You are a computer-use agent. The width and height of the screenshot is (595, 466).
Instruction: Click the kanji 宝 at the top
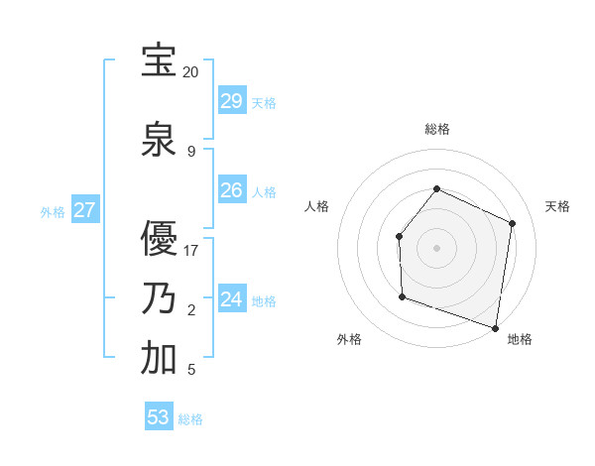pos(160,60)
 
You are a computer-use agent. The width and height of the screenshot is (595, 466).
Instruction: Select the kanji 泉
pos(160,140)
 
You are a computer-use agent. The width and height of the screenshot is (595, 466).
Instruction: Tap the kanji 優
pos(160,239)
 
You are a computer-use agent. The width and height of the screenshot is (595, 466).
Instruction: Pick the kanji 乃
pos(160,298)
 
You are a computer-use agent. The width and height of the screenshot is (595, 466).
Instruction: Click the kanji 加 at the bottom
pos(160,359)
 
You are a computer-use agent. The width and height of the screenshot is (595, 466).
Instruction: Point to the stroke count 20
pos(190,72)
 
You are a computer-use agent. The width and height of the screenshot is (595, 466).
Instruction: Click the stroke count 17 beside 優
pos(190,251)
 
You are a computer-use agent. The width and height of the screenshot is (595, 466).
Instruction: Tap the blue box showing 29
pos(231,101)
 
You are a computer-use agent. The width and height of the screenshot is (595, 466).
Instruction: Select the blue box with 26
pos(231,190)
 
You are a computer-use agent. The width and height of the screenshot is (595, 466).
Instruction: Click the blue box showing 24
pos(231,299)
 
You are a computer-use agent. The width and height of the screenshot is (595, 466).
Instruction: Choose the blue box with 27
pos(84,210)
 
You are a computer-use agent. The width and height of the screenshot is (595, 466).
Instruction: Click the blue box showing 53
pos(159,417)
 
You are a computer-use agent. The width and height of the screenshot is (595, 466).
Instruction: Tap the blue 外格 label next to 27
pos(53,211)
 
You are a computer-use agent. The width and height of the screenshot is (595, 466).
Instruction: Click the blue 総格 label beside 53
pos(190,419)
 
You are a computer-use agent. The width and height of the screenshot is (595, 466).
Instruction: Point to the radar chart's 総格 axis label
pos(436,129)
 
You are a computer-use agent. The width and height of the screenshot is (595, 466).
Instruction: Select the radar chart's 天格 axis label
pos(557,206)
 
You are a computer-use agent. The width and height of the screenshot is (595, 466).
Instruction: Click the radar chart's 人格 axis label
pos(316,206)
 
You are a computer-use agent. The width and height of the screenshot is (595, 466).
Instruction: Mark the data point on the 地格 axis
pos(495,327)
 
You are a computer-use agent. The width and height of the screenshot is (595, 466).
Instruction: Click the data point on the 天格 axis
pos(512,223)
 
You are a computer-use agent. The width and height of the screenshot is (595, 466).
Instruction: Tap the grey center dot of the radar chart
pos(436,247)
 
